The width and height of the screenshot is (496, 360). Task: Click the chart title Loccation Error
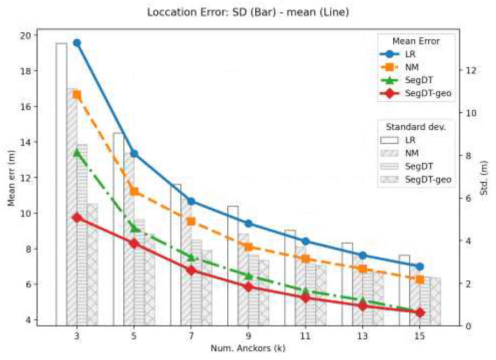click(x=248, y=11)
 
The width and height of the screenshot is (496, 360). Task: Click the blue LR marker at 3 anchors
click(x=77, y=43)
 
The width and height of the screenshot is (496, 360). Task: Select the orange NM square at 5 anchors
click(x=134, y=192)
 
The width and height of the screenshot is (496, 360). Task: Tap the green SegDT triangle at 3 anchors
click(x=77, y=152)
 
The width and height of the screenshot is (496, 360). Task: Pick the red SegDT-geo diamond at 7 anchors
click(x=191, y=270)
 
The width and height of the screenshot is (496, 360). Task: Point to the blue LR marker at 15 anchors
click(x=420, y=266)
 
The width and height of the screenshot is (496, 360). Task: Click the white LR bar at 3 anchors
click(x=61, y=183)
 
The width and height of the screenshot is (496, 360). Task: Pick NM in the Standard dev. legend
click(x=412, y=153)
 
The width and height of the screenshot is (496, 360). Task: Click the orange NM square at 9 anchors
click(x=248, y=247)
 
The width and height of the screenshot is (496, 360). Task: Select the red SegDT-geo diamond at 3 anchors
click(x=77, y=217)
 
